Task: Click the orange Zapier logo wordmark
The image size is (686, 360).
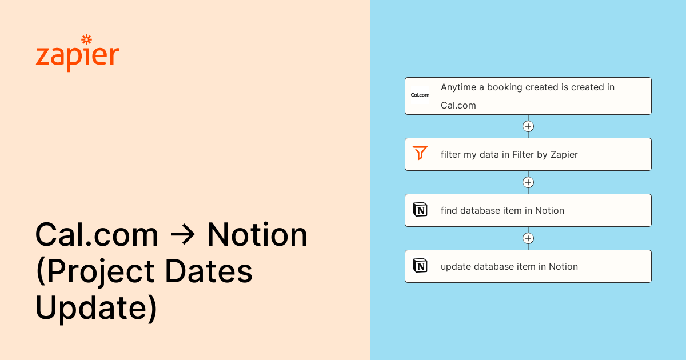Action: point(77,54)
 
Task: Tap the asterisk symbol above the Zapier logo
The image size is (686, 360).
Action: point(87,40)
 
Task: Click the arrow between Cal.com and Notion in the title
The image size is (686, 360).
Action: point(183,235)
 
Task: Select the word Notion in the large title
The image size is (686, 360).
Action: point(257,234)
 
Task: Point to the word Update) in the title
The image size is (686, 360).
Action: point(96,307)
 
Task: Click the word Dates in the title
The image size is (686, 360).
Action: point(209,271)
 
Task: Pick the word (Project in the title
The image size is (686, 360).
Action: point(95,273)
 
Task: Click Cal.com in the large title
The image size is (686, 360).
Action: point(97,234)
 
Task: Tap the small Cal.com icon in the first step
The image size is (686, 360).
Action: point(420,95)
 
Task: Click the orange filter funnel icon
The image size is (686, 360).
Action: point(420,153)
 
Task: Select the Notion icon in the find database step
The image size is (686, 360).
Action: point(420,209)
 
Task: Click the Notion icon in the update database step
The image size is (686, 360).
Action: point(420,265)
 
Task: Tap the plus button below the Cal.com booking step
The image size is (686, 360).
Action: point(528,126)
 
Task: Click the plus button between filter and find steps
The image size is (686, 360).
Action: point(528,182)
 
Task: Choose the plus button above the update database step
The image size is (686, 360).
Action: point(528,238)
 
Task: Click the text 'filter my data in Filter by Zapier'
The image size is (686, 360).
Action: point(509,155)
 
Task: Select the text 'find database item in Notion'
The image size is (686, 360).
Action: point(502,211)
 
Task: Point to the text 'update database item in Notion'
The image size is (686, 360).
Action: point(509,267)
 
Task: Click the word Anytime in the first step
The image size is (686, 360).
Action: point(458,87)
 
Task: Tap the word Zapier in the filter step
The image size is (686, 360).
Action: point(564,155)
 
